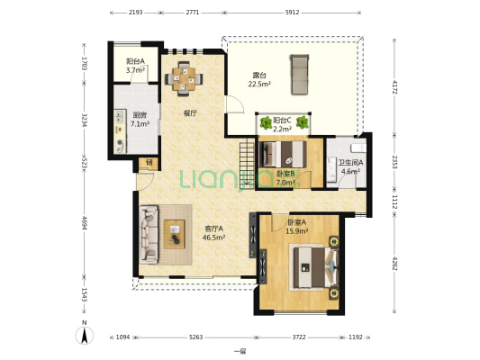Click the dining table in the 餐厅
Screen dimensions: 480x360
click(184, 79)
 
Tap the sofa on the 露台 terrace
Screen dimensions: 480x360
click(300, 75)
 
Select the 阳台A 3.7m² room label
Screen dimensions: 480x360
click(135, 66)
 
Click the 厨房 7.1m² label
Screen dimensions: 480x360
click(140, 120)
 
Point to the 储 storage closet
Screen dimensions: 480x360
click(149, 163)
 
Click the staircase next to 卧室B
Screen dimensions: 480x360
click(247, 163)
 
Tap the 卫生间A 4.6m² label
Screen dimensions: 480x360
click(350, 166)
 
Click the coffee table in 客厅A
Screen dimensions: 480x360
click(174, 234)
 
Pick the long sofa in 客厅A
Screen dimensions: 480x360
click(149, 235)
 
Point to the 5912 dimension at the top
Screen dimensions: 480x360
click(292, 13)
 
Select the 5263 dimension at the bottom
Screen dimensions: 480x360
click(196, 337)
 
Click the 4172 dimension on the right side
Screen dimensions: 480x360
click(394, 87)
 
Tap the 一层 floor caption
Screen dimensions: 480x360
click(240, 351)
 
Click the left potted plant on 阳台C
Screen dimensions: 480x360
click(266, 122)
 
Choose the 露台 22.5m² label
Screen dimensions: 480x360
click(259, 79)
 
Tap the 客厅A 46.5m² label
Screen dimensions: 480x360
click(214, 233)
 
